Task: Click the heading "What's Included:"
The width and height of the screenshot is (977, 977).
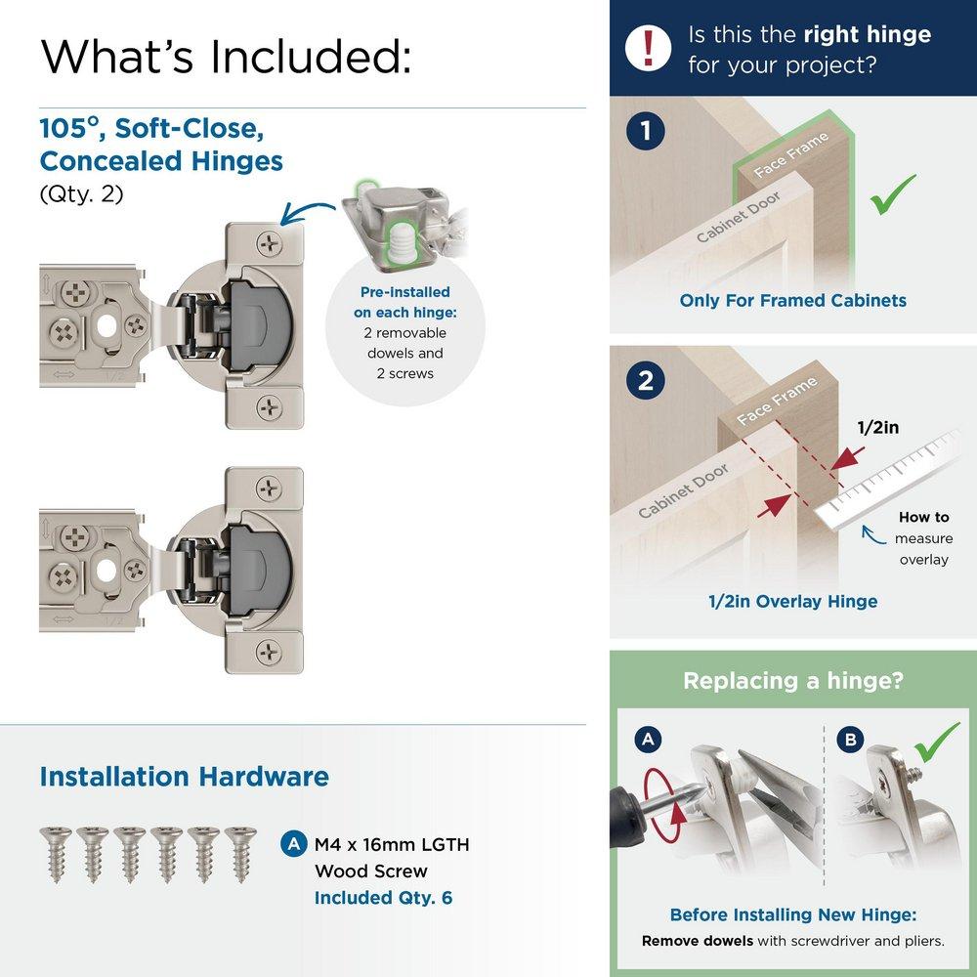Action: point(226,57)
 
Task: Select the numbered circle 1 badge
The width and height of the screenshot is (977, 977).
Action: point(646,131)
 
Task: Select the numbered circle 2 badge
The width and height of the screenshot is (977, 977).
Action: point(646,381)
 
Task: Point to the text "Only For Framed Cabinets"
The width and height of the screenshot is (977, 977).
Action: point(792,300)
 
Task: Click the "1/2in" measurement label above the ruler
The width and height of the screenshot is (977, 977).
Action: point(878,427)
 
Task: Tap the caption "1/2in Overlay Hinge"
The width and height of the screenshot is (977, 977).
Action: point(792,601)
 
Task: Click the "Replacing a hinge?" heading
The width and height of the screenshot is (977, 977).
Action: point(792,680)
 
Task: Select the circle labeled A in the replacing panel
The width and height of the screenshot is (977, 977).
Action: point(646,740)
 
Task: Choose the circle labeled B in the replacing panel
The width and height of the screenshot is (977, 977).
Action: point(850,740)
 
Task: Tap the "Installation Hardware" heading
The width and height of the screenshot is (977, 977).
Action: point(184,777)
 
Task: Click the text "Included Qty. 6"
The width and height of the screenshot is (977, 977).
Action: point(383,897)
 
